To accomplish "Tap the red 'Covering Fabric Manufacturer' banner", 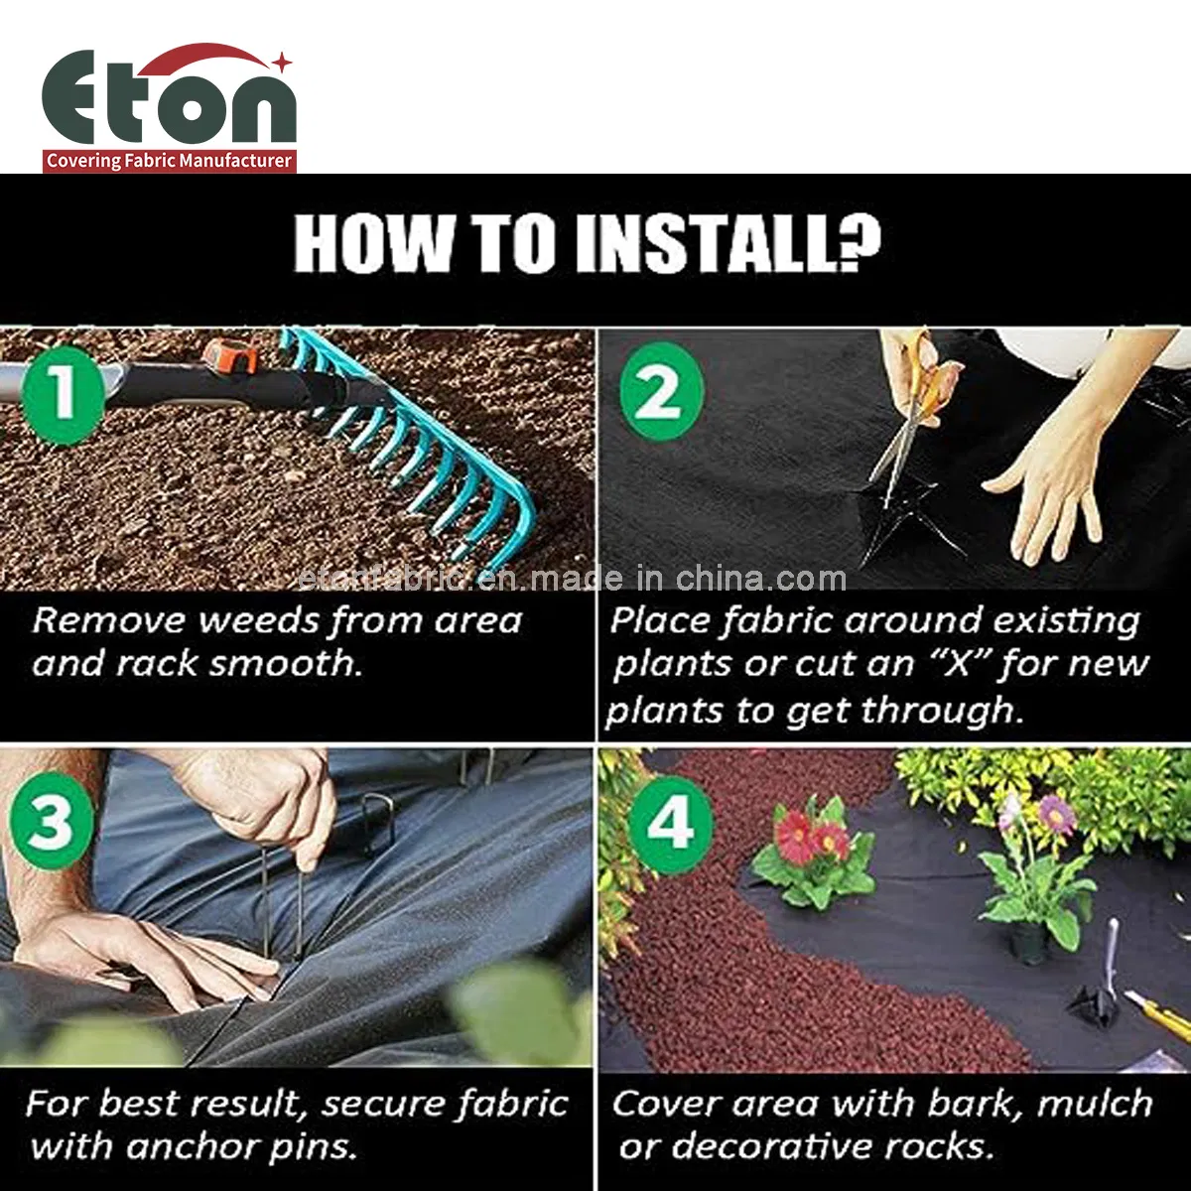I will point(169,161).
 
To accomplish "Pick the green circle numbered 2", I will point(661,392).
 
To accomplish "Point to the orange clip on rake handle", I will point(230,356).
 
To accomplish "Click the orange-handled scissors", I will point(918,397).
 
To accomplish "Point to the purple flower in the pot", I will point(1054,814).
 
